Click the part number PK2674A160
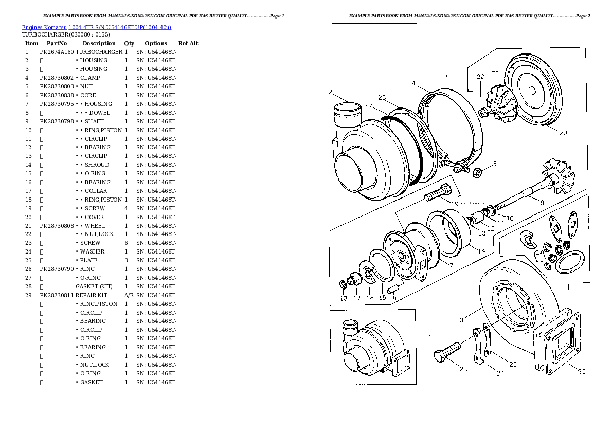(x=57, y=52)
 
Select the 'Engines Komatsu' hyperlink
(x=44, y=27)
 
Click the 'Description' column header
(x=99, y=43)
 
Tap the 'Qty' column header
(x=129, y=43)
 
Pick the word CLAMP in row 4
(x=90, y=78)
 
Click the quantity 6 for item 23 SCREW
(x=126, y=243)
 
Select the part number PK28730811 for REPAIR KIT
(x=57, y=295)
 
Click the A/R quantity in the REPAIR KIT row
(x=129, y=295)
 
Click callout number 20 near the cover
(x=563, y=133)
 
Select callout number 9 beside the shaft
(x=542, y=202)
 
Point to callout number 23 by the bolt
(x=463, y=369)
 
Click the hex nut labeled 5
(x=477, y=172)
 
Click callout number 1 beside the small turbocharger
(x=429, y=338)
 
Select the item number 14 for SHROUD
(x=28, y=165)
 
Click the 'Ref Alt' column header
(x=188, y=43)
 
